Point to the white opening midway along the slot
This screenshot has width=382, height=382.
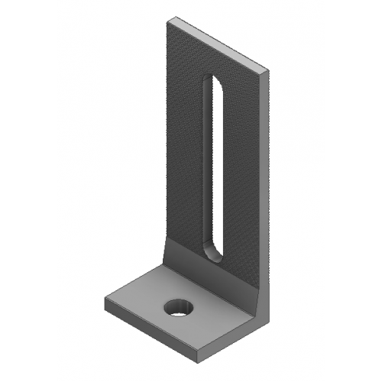(x=215, y=168)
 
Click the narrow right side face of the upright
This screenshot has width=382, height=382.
(x=269, y=176)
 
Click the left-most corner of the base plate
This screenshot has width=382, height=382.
(x=104, y=299)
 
